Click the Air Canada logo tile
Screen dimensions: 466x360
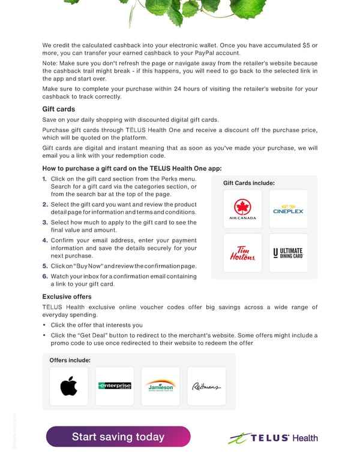(242, 209)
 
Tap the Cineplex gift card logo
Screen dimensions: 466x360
(289, 209)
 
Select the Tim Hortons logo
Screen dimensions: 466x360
(242, 253)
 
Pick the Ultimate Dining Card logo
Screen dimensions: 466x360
(289, 253)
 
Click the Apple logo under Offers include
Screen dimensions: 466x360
(69, 386)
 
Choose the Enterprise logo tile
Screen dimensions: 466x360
(115, 386)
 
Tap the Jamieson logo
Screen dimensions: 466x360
(161, 386)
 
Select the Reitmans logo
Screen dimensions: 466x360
(206, 386)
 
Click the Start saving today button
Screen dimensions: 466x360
(118, 437)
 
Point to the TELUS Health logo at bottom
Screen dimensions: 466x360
(273, 438)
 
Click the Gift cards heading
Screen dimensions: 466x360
(58, 109)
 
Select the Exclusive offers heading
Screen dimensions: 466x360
(67, 297)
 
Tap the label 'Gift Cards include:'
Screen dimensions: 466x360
(248, 183)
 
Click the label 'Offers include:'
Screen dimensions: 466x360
(70, 360)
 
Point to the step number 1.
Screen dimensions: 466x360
(45, 179)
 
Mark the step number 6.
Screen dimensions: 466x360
(45, 276)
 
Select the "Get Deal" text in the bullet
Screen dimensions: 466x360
(85, 335)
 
